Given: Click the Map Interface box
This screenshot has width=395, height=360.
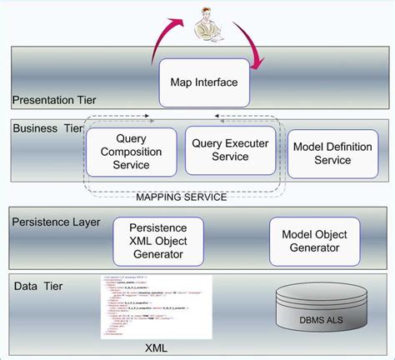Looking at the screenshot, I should [x=204, y=82].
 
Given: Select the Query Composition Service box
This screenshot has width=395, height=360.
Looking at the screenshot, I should [x=131, y=152].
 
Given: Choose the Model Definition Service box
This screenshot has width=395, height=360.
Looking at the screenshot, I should [x=322, y=152].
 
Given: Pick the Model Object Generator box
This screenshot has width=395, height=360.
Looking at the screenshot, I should [x=315, y=241].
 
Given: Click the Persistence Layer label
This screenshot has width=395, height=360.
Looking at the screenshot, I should [x=56, y=222].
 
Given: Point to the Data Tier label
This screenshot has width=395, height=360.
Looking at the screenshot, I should [x=37, y=286].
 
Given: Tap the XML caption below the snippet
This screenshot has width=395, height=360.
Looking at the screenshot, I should [x=156, y=347].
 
